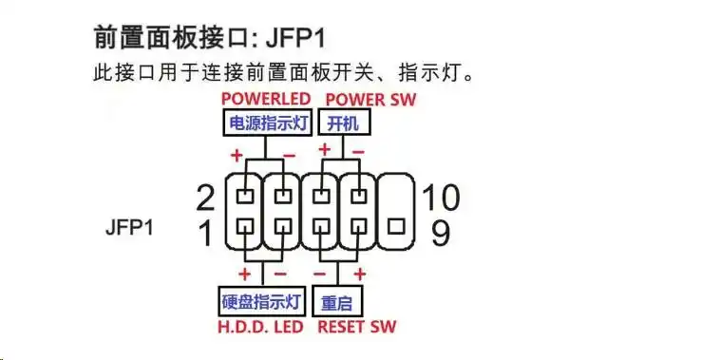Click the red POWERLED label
tap(265, 99)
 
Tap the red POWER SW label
tap(370, 99)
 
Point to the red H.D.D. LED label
tap(262, 327)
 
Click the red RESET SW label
tap(356, 327)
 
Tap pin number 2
tap(205, 198)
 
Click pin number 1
tap(205, 233)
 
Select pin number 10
tap(441, 198)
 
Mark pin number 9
tap(441, 233)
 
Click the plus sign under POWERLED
tap(234, 154)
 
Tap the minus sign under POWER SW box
tap(358, 150)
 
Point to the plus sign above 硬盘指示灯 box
tap(245, 275)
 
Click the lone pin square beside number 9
tap(396, 226)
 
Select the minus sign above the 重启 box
tap(359, 275)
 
